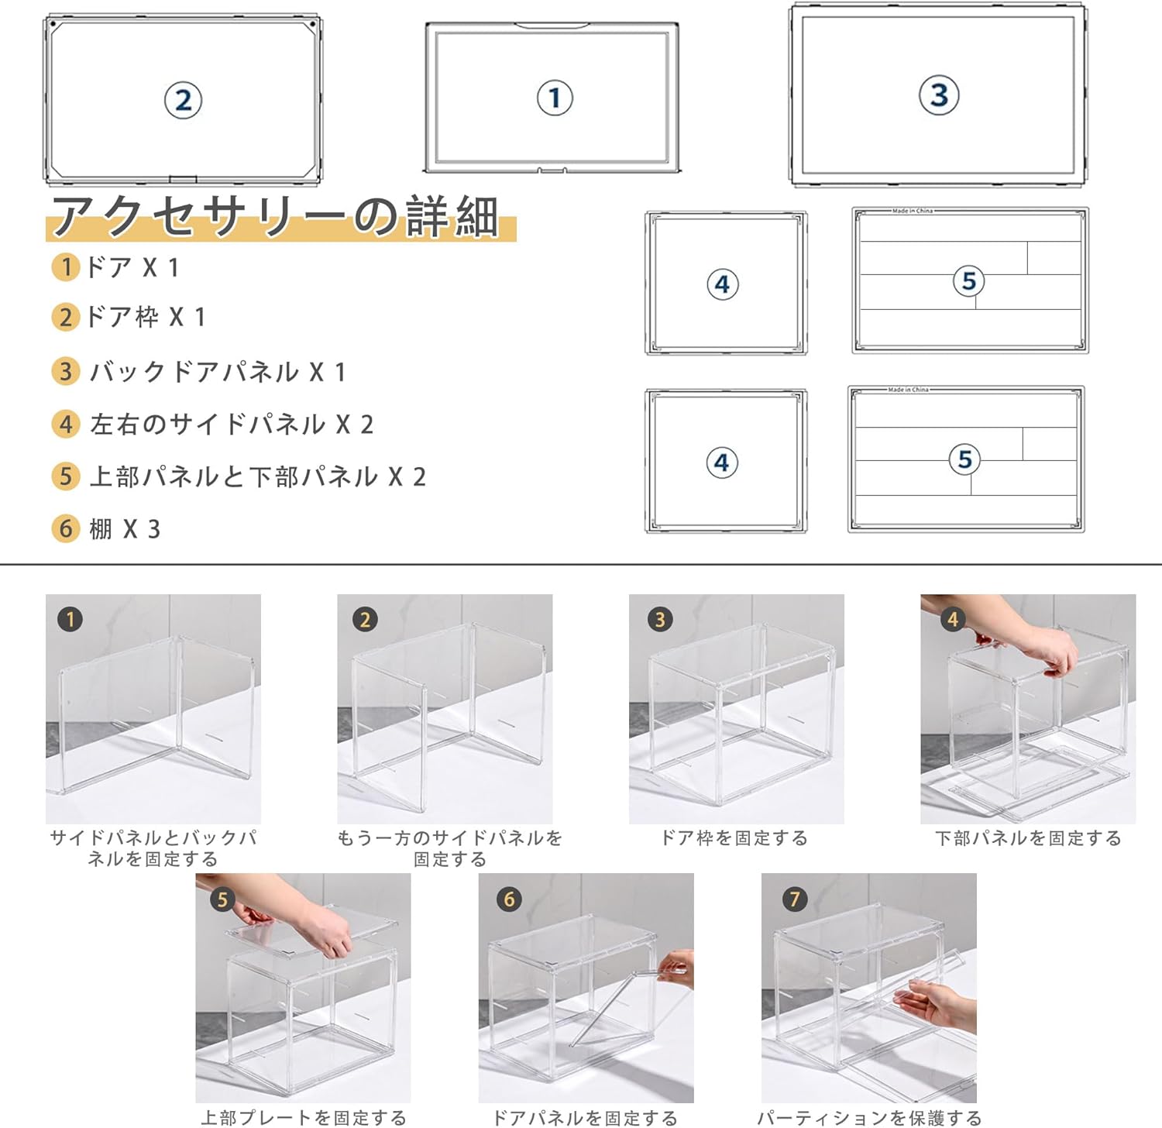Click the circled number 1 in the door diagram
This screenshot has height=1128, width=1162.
coord(555,98)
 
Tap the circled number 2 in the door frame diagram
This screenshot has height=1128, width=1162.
coord(183,101)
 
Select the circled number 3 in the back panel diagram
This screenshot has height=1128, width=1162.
coord(939,95)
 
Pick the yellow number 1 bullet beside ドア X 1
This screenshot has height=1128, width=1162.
coord(66,267)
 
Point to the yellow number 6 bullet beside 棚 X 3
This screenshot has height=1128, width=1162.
coord(66,529)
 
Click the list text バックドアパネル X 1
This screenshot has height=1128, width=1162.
coord(218,373)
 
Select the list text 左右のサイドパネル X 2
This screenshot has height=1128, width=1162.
coord(232,425)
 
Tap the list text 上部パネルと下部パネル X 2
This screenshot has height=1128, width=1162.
coord(258,476)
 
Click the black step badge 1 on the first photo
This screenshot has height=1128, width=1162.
coord(70,619)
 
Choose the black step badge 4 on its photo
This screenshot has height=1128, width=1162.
coord(952,619)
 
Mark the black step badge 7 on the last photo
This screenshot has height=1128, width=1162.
coord(794,899)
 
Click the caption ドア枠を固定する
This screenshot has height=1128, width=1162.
coord(734,838)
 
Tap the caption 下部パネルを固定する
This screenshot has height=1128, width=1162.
coord(1028,838)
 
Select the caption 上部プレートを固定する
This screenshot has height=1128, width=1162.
coord(304,1118)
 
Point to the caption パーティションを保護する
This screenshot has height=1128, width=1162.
coord(869,1118)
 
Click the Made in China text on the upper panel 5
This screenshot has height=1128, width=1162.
coord(912,211)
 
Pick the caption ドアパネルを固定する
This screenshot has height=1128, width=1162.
coord(585,1118)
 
